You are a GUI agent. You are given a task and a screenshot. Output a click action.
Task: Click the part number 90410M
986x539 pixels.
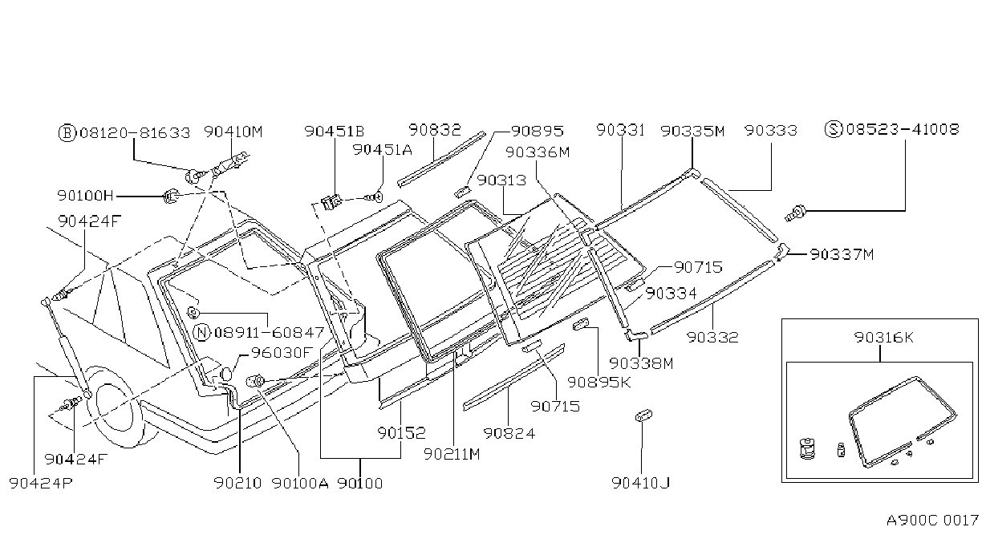click(233, 132)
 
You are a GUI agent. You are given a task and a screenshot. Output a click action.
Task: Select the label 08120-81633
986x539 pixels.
click(135, 133)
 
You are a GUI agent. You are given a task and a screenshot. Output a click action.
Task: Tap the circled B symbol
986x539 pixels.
click(67, 133)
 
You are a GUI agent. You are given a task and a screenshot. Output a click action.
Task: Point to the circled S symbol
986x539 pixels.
click(834, 129)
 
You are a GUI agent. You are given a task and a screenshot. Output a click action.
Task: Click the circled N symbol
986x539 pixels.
click(202, 333)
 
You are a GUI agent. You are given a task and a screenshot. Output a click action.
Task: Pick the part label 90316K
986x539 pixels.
click(884, 338)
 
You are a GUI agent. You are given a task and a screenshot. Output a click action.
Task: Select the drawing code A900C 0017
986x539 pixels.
click(932, 521)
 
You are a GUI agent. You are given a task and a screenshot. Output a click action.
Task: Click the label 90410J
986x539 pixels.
click(641, 483)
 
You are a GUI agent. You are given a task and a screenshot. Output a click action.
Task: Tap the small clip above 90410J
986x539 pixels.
click(643, 415)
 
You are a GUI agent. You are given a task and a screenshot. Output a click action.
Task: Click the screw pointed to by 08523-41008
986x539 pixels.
click(796, 214)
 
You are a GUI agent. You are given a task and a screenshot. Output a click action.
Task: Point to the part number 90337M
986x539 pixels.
click(842, 254)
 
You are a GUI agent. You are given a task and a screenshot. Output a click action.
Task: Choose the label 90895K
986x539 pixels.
click(598, 382)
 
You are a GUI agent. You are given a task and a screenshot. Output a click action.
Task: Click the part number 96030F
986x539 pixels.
click(282, 352)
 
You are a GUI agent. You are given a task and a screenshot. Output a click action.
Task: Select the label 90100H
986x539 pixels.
click(85, 196)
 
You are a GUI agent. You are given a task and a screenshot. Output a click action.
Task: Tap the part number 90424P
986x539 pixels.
click(40, 483)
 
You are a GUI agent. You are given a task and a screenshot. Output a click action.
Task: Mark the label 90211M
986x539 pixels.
click(452, 454)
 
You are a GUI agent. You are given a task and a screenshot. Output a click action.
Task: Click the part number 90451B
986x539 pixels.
click(335, 131)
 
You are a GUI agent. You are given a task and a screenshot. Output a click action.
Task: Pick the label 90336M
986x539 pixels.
click(538, 152)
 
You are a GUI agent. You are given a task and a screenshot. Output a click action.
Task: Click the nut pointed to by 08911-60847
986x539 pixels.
click(193, 313)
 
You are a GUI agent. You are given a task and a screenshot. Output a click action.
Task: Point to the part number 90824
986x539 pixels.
click(509, 433)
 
